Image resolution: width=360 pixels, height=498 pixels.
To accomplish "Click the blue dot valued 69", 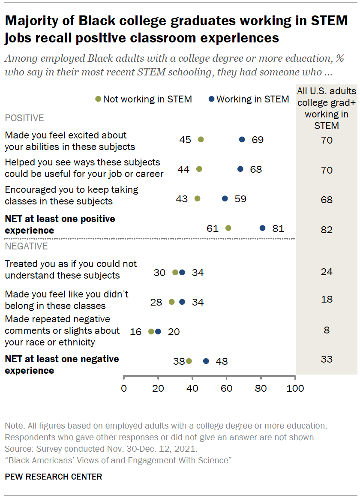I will [x=242, y=140].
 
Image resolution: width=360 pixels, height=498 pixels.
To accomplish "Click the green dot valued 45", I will [x=201, y=140].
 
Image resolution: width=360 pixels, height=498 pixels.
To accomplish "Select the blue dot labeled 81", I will [x=262, y=228].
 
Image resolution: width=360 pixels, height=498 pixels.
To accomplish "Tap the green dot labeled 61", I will [x=228, y=228].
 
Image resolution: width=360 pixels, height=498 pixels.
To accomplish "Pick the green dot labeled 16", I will [x=151, y=331].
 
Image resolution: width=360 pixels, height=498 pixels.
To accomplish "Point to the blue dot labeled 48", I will [x=206, y=361].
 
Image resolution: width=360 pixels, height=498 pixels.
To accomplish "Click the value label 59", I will [x=240, y=199].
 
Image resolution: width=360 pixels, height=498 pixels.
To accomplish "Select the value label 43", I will [x=182, y=199].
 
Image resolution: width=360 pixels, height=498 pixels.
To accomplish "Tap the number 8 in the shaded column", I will [x=327, y=330].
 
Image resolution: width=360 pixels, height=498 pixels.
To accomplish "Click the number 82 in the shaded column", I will [x=327, y=230].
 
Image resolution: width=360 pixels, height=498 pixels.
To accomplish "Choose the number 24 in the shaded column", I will [x=327, y=272].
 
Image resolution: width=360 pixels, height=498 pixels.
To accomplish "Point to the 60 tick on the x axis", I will [x=226, y=389].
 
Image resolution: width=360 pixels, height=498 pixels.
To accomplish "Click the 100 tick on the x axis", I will [x=295, y=389].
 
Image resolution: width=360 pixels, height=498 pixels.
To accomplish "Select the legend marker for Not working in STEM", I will [x=98, y=99].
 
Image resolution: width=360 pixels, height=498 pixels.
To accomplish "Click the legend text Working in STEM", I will [x=252, y=99].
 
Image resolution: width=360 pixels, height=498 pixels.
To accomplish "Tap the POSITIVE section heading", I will [x=24, y=118].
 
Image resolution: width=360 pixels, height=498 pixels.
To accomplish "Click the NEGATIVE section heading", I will [x=26, y=246].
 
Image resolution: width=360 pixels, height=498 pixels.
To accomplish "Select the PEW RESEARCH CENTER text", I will [x=53, y=477].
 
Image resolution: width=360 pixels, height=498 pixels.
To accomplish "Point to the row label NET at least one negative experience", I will [x=62, y=364].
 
